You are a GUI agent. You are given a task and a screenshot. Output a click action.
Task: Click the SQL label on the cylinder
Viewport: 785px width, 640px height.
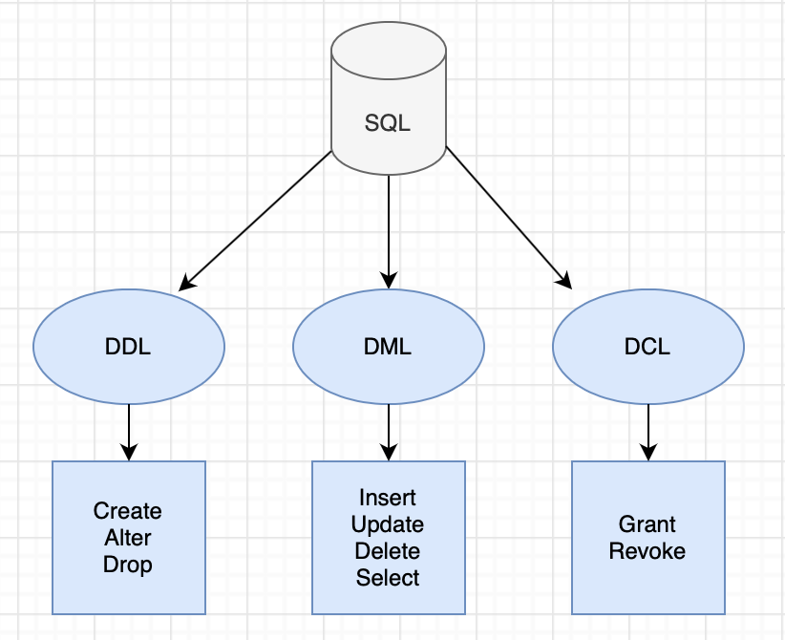click(388, 123)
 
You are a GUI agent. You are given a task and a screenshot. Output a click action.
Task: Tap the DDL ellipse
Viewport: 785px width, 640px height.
click(129, 346)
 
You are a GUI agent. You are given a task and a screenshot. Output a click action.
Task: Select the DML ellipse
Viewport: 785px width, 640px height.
click(388, 346)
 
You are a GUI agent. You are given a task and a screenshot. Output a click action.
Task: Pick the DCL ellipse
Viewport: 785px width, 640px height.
click(648, 346)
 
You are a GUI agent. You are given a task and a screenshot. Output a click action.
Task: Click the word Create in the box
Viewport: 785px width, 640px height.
click(128, 511)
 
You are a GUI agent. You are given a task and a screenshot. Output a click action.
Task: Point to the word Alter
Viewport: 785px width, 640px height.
click(128, 538)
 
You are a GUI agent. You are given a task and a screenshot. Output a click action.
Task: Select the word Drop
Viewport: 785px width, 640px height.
click(128, 565)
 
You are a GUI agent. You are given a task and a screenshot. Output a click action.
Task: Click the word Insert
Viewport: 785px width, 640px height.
click(388, 498)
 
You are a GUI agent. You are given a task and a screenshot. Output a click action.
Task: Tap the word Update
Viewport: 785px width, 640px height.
click(388, 524)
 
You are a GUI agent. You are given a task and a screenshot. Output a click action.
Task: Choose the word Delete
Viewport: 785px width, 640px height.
click(388, 551)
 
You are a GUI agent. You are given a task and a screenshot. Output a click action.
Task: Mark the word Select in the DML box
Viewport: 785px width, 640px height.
click(388, 578)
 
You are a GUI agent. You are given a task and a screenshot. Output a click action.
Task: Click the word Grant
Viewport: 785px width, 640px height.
click(647, 524)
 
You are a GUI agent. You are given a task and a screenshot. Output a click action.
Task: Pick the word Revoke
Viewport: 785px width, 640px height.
click(647, 551)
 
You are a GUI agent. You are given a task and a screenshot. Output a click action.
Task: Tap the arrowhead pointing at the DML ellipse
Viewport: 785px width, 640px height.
click(389, 281)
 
